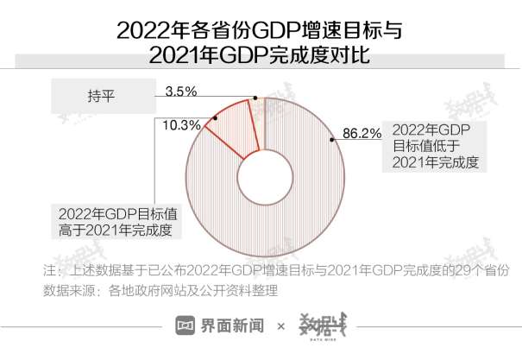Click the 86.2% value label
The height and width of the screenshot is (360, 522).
(362, 133)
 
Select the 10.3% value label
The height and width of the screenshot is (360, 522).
(181, 125)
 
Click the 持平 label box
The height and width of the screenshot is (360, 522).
(101, 96)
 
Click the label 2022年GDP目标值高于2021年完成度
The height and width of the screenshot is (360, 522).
(114, 222)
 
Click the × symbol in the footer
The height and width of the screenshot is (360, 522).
(281, 326)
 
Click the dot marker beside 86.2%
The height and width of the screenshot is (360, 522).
(332, 137)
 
